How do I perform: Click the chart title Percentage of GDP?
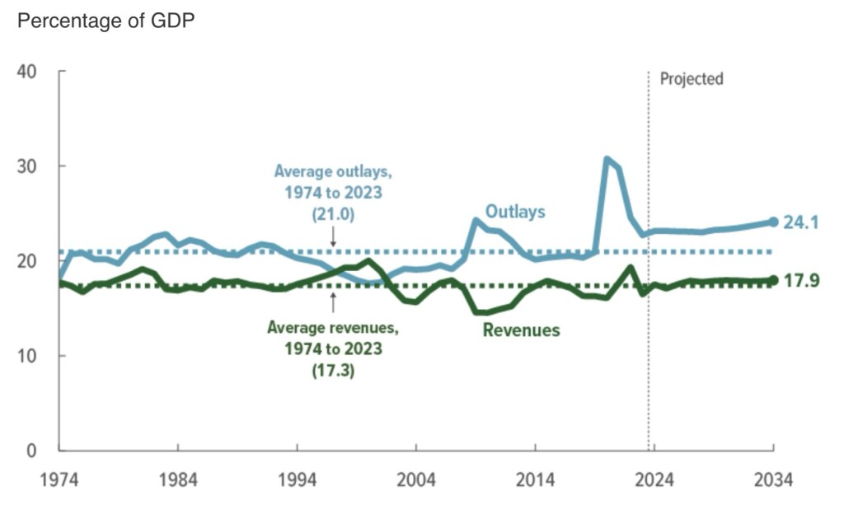pos(106,21)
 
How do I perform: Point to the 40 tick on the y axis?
pos(27,72)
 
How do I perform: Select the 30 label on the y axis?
pos(27,166)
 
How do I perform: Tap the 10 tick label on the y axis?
pos(27,356)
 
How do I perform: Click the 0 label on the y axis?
pos(32,451)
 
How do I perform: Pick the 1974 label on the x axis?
pos(59,480)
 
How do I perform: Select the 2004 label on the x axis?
pos(415,480)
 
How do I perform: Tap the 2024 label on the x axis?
pos(654,480)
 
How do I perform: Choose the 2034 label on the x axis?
pos(772,480)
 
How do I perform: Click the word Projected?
pos(692,79)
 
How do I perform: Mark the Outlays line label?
pos(515,212)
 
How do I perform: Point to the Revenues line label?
pos(521,330)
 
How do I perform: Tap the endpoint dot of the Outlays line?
pos(773,222)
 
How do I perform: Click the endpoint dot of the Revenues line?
pos(773,280)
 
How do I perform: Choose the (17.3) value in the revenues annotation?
pos(332,372)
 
